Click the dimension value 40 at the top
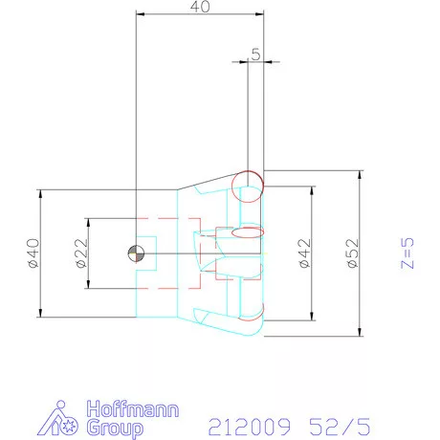tap(199, 8)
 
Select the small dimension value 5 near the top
tap(255, 55)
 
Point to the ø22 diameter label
tap(80, 253)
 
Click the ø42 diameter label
tap(303, 253)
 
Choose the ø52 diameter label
tap(351, 253)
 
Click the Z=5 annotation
tap(407, 253)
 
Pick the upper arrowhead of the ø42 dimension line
tap(312, 191)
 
